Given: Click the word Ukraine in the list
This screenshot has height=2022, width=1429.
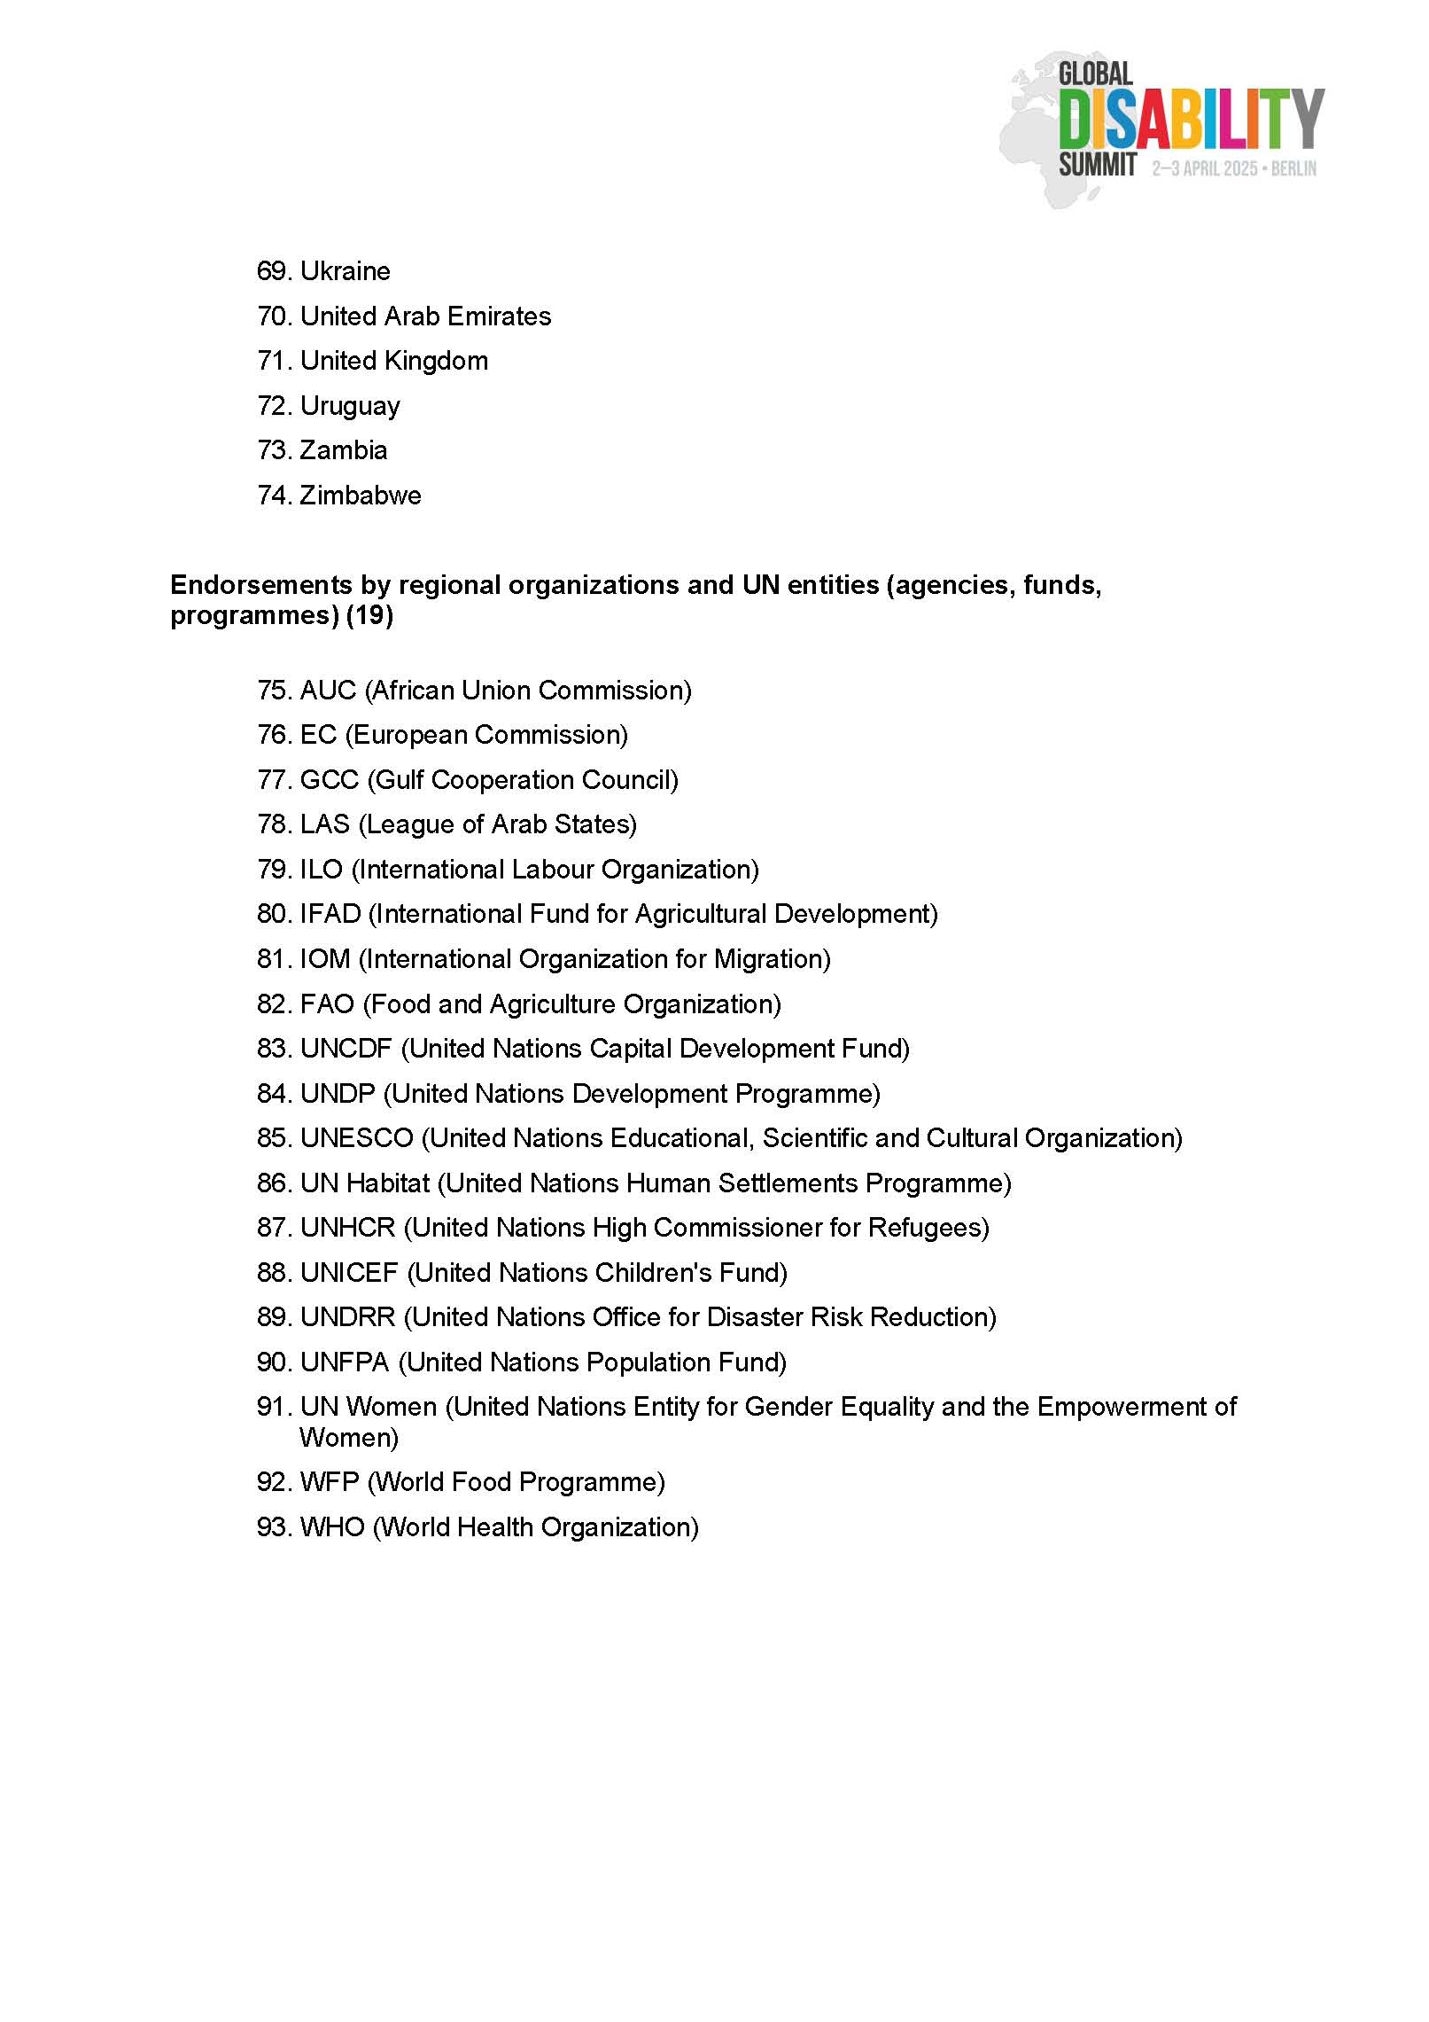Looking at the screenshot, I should (x=345, y=271).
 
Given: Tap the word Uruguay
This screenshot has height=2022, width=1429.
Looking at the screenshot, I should (x=350, y=406).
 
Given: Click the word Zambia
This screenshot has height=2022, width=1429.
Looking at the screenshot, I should (x=344, y=450).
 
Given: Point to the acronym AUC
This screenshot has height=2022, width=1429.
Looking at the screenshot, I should (x=328, y=691).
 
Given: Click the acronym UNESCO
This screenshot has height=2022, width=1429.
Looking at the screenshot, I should (x=356, y=1138).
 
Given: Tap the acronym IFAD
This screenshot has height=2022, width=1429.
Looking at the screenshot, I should (x=330, y=914).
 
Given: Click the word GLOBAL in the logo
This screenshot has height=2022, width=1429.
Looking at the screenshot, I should (x=1096, y=74).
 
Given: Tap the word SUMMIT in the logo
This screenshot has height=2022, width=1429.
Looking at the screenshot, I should (x=1098, y=165).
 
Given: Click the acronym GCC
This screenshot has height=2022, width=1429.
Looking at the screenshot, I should (x=329, y=780).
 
